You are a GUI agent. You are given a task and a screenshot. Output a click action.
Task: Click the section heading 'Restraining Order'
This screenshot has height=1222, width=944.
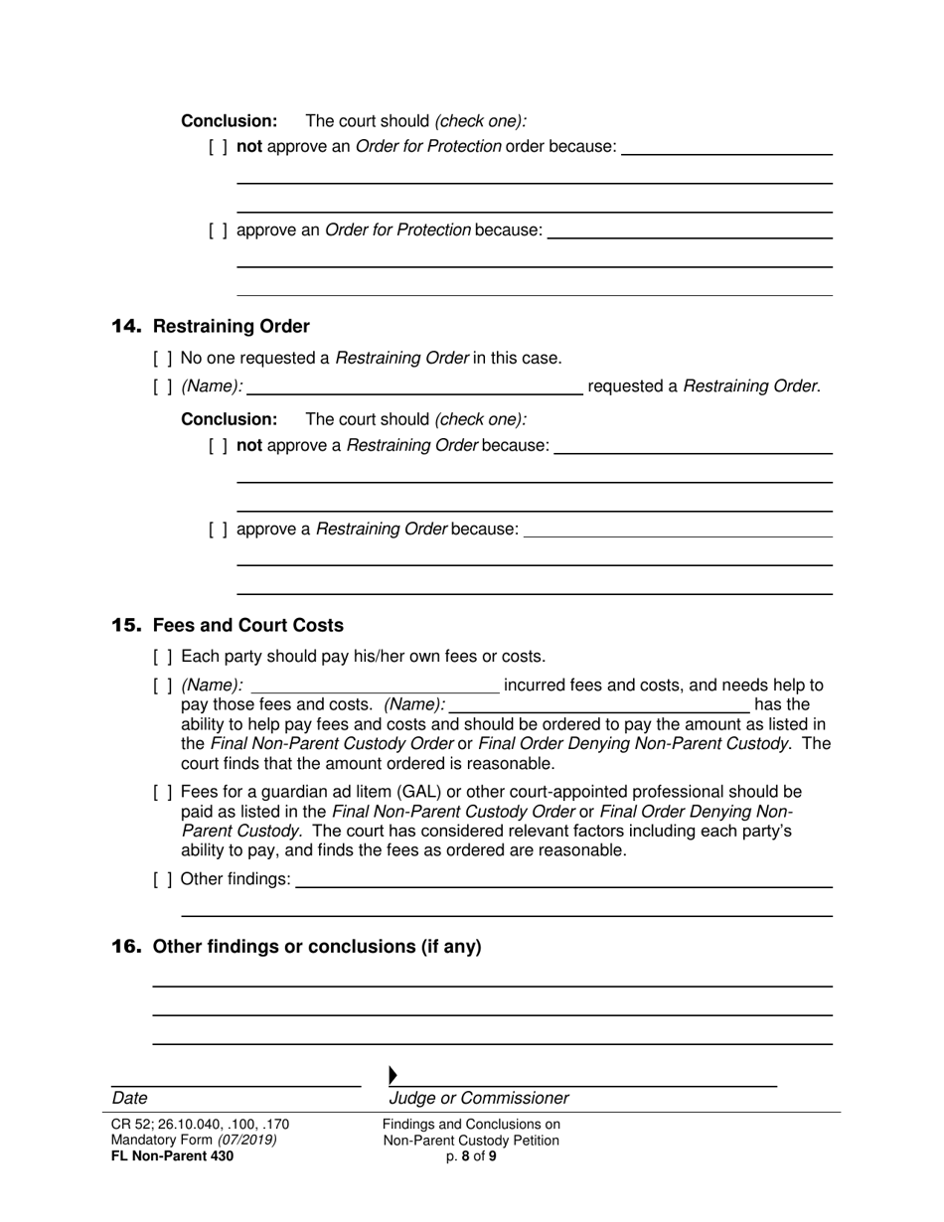pyautogui.click(x=231, y=327)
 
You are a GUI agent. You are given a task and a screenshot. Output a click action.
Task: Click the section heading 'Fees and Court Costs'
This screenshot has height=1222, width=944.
pyautogui.click(x=247, y=626)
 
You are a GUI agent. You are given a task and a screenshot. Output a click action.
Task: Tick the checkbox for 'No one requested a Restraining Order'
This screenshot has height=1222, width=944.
pyautogui.click(x=163, y=359)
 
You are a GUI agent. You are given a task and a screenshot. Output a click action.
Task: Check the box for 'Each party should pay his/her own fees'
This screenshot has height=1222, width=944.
pyautogui.click(x=163, y=657)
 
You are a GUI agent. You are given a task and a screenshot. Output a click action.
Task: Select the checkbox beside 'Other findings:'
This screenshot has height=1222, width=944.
pyautogui.click(x=163, y=879)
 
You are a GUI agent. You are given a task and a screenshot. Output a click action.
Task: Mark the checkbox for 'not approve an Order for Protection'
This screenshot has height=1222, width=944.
pyautogui.click(x=218, y=147)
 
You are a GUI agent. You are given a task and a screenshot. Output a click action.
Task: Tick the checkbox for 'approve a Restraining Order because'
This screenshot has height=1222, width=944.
pyautogui.click(x=218, y=530)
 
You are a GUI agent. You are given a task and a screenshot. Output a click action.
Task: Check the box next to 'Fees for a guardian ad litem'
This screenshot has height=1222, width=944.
pyautogui.click(x=163, y=793)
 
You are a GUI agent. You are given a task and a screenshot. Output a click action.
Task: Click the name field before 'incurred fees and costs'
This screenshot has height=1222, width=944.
pyautogui.click(x=376, y=686)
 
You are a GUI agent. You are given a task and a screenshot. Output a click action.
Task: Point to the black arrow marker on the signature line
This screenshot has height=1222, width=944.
pyautogui.click(x=393, y=1075)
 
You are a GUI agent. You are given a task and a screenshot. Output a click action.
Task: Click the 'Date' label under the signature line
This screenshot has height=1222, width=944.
pyautogui.click(x=129, y=1099)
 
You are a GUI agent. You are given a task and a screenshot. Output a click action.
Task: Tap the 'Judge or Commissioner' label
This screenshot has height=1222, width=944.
pyautogui.click(x=479, y=1099)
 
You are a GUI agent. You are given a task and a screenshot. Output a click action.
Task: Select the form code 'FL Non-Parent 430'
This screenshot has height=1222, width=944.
pyautogui.click(x=173, y=1155)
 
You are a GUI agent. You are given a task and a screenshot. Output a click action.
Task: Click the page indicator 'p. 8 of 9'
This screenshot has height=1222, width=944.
pyautogui.click(x=471, y=1156)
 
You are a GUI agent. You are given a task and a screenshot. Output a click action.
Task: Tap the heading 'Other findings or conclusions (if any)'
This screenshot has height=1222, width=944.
pyautogui.click(x=317, y=947)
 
